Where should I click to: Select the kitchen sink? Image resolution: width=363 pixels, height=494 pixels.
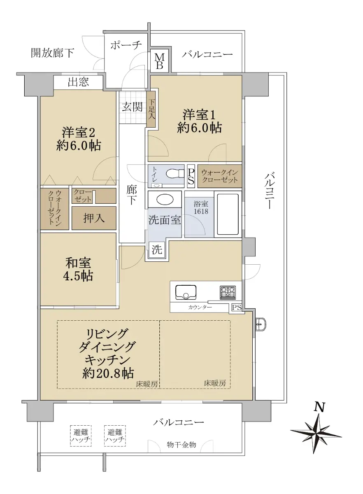click(186, 292)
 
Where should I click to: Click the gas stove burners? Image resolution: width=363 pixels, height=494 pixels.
click(228, 292)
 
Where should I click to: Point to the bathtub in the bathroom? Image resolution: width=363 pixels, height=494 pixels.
click(228, 214)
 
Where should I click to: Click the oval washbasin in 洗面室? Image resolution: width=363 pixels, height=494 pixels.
click(165, 199)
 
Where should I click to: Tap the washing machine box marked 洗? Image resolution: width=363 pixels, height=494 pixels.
click(157, 249)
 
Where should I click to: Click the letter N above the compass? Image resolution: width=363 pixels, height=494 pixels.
click(319, 407)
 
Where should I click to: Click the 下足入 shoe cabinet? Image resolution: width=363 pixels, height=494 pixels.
click(151, 110)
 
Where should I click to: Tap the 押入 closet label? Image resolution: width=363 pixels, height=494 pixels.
click(94, 218)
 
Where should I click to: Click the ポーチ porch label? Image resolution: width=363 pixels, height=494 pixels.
click(126, 45)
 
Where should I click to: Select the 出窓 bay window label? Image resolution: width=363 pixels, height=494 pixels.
click(78, 82)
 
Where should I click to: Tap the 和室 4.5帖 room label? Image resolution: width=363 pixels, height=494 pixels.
click(78, 269)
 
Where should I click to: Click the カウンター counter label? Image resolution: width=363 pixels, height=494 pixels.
click(200, 307)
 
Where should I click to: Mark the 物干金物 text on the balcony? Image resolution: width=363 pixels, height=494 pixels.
click(181, 445)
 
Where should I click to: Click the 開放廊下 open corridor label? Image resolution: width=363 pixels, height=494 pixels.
click(52, 53)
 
